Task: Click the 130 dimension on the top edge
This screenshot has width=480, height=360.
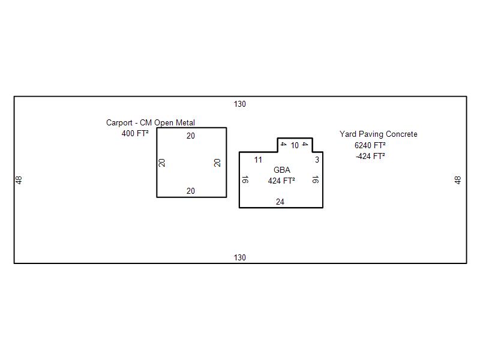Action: (240, 104)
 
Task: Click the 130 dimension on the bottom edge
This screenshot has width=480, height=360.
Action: (240, 258)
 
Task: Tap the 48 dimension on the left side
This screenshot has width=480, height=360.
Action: (19, 180)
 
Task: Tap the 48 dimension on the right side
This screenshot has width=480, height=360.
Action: (458, 180)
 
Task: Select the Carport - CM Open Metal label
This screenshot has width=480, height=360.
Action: (151, 123)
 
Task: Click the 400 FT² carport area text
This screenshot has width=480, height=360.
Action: (135, 134)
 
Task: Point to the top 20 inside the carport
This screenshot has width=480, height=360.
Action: (191, 136)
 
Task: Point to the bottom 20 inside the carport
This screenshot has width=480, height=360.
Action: (191, 191)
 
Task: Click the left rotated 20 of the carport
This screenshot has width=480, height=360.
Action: (162, 163)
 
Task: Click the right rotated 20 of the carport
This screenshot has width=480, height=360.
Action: (218, 163)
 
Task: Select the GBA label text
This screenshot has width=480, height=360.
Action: (282, 170)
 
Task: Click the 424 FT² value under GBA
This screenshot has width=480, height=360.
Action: (281, 181)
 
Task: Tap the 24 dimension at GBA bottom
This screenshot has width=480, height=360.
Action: (280, 202)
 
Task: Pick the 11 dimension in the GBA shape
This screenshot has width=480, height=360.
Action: (258, 160)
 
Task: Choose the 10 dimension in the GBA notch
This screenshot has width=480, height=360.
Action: (295, 146)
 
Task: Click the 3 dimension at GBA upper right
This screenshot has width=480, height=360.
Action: (317, 160)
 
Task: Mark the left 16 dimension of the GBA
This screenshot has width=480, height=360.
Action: (245, 179)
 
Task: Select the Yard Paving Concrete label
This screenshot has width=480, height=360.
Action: (379, 134)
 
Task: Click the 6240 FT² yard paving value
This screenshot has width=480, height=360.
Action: (370, 145)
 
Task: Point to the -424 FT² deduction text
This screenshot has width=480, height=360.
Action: (370, 156)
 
